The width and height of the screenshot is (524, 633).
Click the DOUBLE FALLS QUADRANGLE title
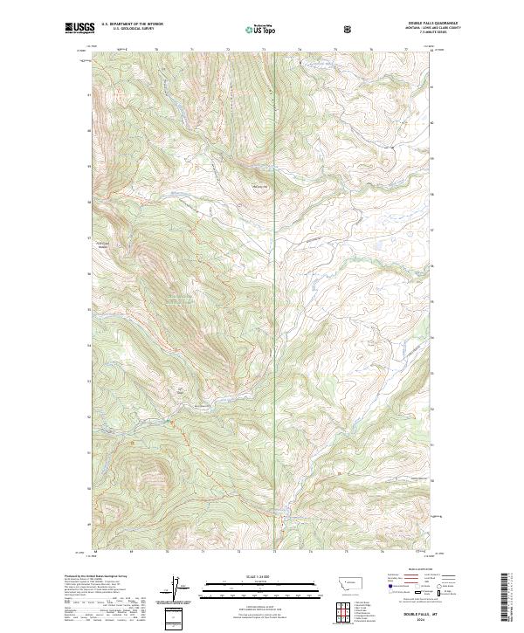click(x=403, y=24)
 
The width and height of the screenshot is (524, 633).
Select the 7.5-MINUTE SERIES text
click(x=403, y=33)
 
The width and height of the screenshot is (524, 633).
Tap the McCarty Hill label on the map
click(x=259, y=184)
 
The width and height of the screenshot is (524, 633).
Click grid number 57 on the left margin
click(x=88, y=237)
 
